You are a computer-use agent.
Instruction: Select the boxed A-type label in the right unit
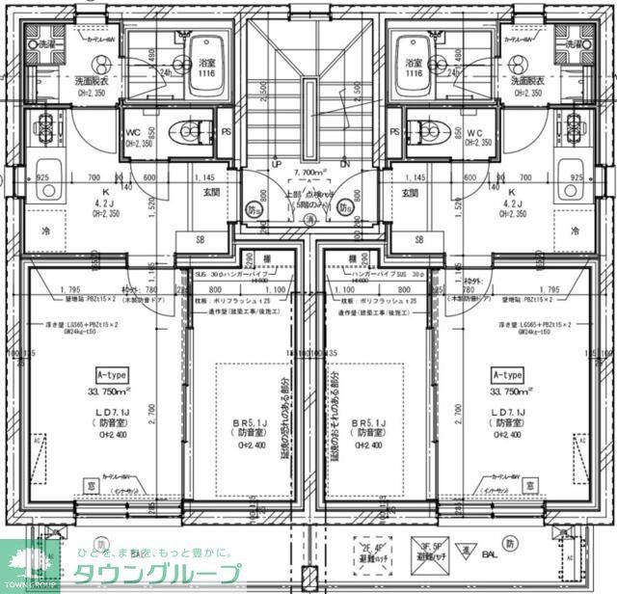point(507,374)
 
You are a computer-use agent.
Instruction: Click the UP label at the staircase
point(277,164)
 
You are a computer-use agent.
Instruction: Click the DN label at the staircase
point(344,164)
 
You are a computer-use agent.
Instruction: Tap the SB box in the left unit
point(201,239)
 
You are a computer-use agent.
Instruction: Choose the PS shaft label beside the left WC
point(227,131)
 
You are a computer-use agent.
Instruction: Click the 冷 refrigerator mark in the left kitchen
point(45,231)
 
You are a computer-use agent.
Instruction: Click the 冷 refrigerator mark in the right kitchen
point(575,231)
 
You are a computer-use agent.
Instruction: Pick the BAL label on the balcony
point(489,555)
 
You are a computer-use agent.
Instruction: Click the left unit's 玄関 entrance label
point(210,193)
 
